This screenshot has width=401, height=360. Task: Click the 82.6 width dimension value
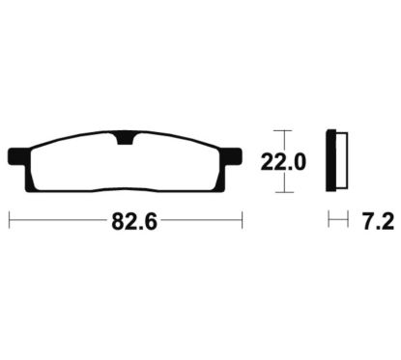(134, 222)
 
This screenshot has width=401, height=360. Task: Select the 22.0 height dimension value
(283, 162)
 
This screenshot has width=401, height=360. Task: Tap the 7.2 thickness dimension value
(378, 222)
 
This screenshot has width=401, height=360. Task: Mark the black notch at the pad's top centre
(125, 138)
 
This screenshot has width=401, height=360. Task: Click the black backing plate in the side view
(331, 160)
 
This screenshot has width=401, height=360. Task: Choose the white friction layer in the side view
(342, 160)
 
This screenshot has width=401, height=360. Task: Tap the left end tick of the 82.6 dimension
(10, 220)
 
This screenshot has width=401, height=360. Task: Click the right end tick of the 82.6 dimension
(242, 220)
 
